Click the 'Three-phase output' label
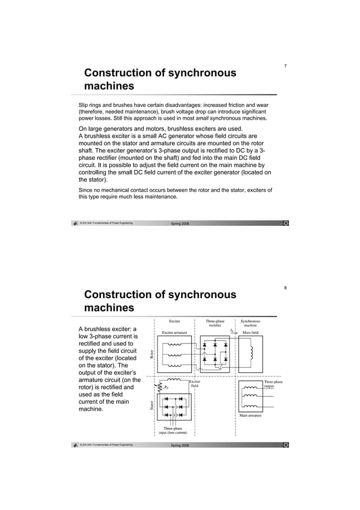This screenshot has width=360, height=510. (x=273, y=384)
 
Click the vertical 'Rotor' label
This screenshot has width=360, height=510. (x=152, y=354)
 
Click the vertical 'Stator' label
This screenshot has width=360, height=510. (x=152, y=405)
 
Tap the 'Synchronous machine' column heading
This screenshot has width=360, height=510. (x=251, y=323)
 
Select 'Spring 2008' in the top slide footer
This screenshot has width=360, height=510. (x=180, y=224)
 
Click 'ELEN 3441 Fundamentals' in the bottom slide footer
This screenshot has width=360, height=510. (x=106, y=445)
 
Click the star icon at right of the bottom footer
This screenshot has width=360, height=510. (x=286, y=445)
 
